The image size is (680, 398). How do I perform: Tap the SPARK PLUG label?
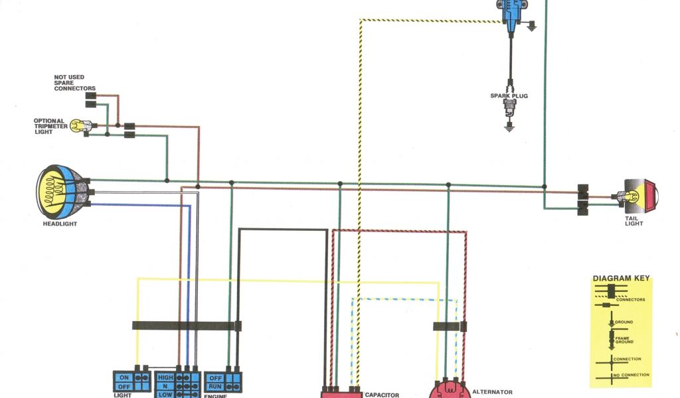[x=509, y=96]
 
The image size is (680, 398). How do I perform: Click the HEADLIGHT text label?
[x=60, y=224]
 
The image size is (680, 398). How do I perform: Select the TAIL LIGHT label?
[x=634, y=221]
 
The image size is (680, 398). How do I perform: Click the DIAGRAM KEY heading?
[x=621, y=279]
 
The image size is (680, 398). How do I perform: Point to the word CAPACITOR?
[x=382, y=395]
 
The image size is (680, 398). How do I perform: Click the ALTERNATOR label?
[x=492, y=392]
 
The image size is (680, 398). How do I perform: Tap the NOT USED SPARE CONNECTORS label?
[x=74, y=83]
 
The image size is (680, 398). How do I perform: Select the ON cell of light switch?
[x=124, y=377]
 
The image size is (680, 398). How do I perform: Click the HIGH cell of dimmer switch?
[x=165, y=377]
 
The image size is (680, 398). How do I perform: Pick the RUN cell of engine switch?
[x=215, y=386]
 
